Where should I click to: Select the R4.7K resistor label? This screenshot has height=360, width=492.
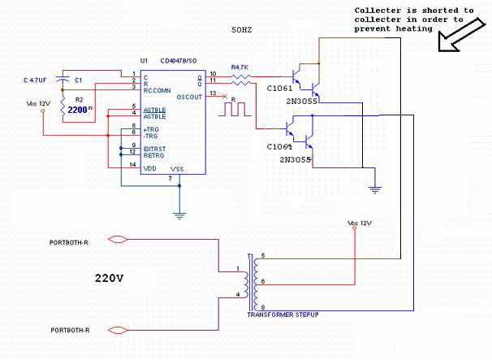241,67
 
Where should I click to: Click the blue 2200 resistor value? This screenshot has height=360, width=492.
79,107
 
